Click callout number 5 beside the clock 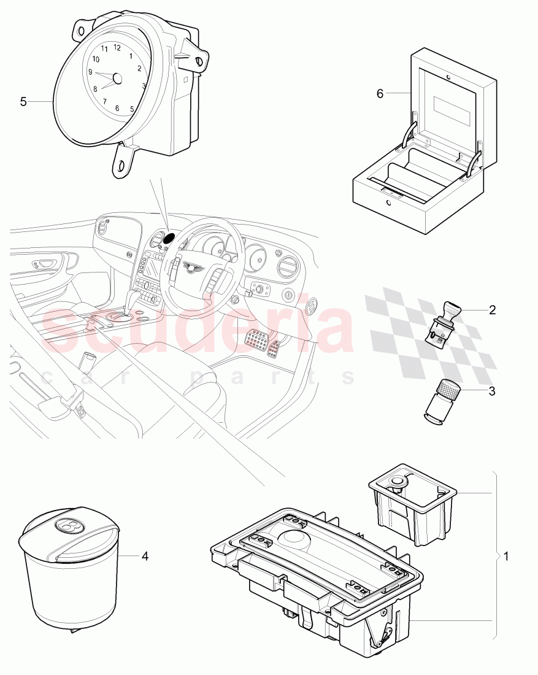click(23, 101)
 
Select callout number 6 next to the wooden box click(380, 93)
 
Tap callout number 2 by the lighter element click(492, 310)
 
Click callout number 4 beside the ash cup click(145, 557)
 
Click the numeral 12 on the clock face click(117, 48)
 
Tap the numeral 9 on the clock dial click(91, 72)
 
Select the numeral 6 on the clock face click(117, 107)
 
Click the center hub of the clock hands click(118, 78)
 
